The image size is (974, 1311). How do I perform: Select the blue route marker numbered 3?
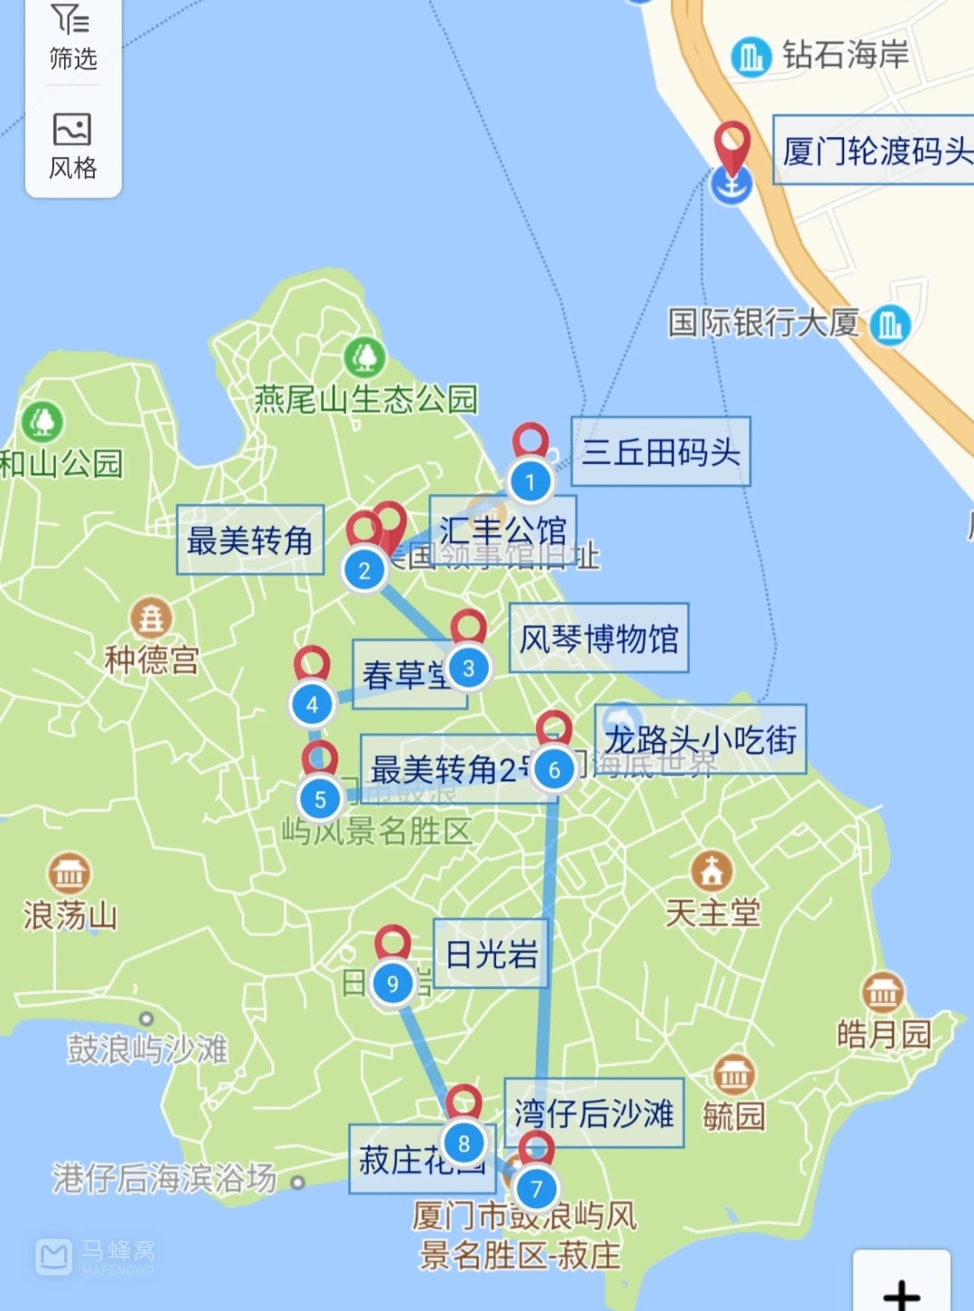[469, 668]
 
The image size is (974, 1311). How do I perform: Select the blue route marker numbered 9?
[393, 983]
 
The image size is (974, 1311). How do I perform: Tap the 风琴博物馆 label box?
[598, 638]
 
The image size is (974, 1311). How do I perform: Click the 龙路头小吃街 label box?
[700, 739]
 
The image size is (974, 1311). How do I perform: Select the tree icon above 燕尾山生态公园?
[365, 357]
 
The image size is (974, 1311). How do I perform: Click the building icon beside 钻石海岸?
[751, 57]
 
